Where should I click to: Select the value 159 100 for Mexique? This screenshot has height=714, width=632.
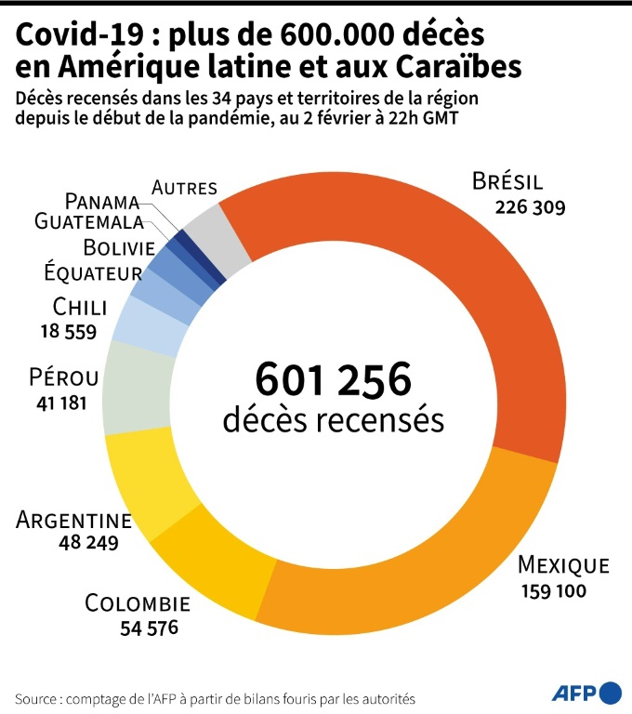(x=547, y=590)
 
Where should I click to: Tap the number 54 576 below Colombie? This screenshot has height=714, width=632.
(x=149, y=628)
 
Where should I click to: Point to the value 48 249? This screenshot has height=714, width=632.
(x=89, y=543)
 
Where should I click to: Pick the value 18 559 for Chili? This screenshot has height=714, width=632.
(x=68, y=331)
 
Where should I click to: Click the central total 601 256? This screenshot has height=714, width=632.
(x=333, y=380)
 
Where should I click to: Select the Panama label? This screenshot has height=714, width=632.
(x=102, y=201)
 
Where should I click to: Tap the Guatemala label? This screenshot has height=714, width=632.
(x=89, y=222)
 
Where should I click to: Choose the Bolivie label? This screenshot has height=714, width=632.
(x=118, y=247)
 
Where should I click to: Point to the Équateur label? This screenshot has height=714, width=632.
(x=93, y=273)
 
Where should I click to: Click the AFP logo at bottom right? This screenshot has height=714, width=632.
(x=586, y=693)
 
